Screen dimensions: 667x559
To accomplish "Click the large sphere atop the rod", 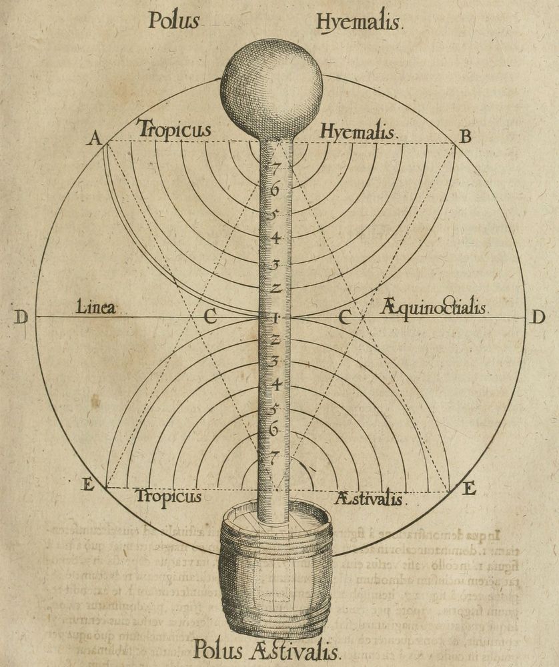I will click(x=271, y=89).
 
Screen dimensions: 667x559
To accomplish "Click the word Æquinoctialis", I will click(x=434, y=308).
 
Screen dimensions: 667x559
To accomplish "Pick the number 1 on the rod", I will click(x=274, y=318).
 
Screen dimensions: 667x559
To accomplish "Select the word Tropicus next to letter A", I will click(x=174, y=129).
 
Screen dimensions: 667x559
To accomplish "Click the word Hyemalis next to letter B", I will click(x=358, y=132).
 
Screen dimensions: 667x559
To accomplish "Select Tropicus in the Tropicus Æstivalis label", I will click(x=168, y=498).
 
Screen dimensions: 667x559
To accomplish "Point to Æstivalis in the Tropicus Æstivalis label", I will click(x=369, y=499).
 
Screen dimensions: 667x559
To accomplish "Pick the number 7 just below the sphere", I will click(x=273, y=169).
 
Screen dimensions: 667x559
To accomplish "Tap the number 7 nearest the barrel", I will click(x=273, y=458).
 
